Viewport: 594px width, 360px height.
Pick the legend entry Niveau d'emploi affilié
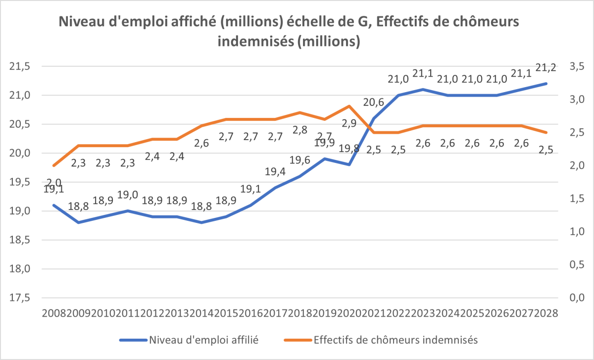[x=204, y=340]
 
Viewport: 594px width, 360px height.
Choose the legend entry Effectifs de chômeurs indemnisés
[x=395, y=340]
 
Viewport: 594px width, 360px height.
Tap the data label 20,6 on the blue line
[x=374, y=103]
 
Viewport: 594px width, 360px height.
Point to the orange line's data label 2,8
[x=299, y=130]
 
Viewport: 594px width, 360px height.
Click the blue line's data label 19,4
[x=275, y=172]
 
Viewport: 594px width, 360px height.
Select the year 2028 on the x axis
[x=546, y=313]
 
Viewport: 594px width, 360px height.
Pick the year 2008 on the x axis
[x=53, y=313]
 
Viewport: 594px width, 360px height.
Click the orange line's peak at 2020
[x=349, y=106]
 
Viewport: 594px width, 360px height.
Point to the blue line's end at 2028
[x=546, y=83]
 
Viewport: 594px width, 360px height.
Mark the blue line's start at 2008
[x=53, y=205]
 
